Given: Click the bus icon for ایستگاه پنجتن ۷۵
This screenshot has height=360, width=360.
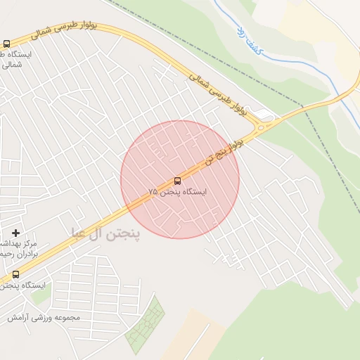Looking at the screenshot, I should click(x=176, y=181).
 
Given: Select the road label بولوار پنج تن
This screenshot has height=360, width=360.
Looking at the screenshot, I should click(x=225, y=150).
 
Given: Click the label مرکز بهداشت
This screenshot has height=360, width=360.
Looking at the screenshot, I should click(x=21, y=243).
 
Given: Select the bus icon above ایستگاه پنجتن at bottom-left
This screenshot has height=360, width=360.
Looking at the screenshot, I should click(x=15, y=274).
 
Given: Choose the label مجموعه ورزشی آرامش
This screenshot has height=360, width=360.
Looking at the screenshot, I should click(x=44, y=317).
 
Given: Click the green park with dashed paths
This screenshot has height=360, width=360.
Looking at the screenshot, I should click(x=145, y=328).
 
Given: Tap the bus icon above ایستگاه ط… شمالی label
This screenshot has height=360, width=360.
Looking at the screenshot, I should click(x=6, y=44).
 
